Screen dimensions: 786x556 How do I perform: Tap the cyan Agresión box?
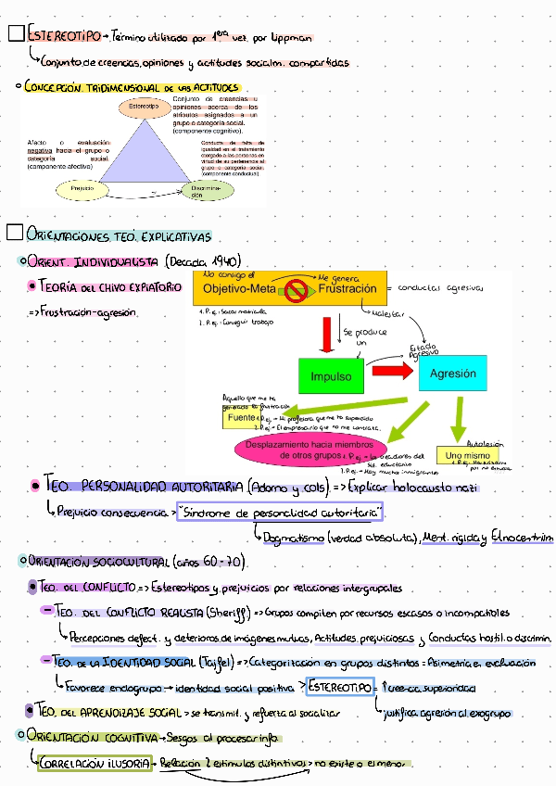(452, 374)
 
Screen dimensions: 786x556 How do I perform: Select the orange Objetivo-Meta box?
(240, 290)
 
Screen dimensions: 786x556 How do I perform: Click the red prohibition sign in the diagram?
(297, 290)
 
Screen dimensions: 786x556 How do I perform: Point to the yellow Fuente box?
(243, 418)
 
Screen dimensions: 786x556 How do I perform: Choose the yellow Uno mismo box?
(465, 456)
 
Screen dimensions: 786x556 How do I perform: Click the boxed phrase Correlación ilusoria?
(95, 763)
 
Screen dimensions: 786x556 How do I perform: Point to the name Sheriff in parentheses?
(215, 613)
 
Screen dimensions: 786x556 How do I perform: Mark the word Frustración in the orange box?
(347, 290)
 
